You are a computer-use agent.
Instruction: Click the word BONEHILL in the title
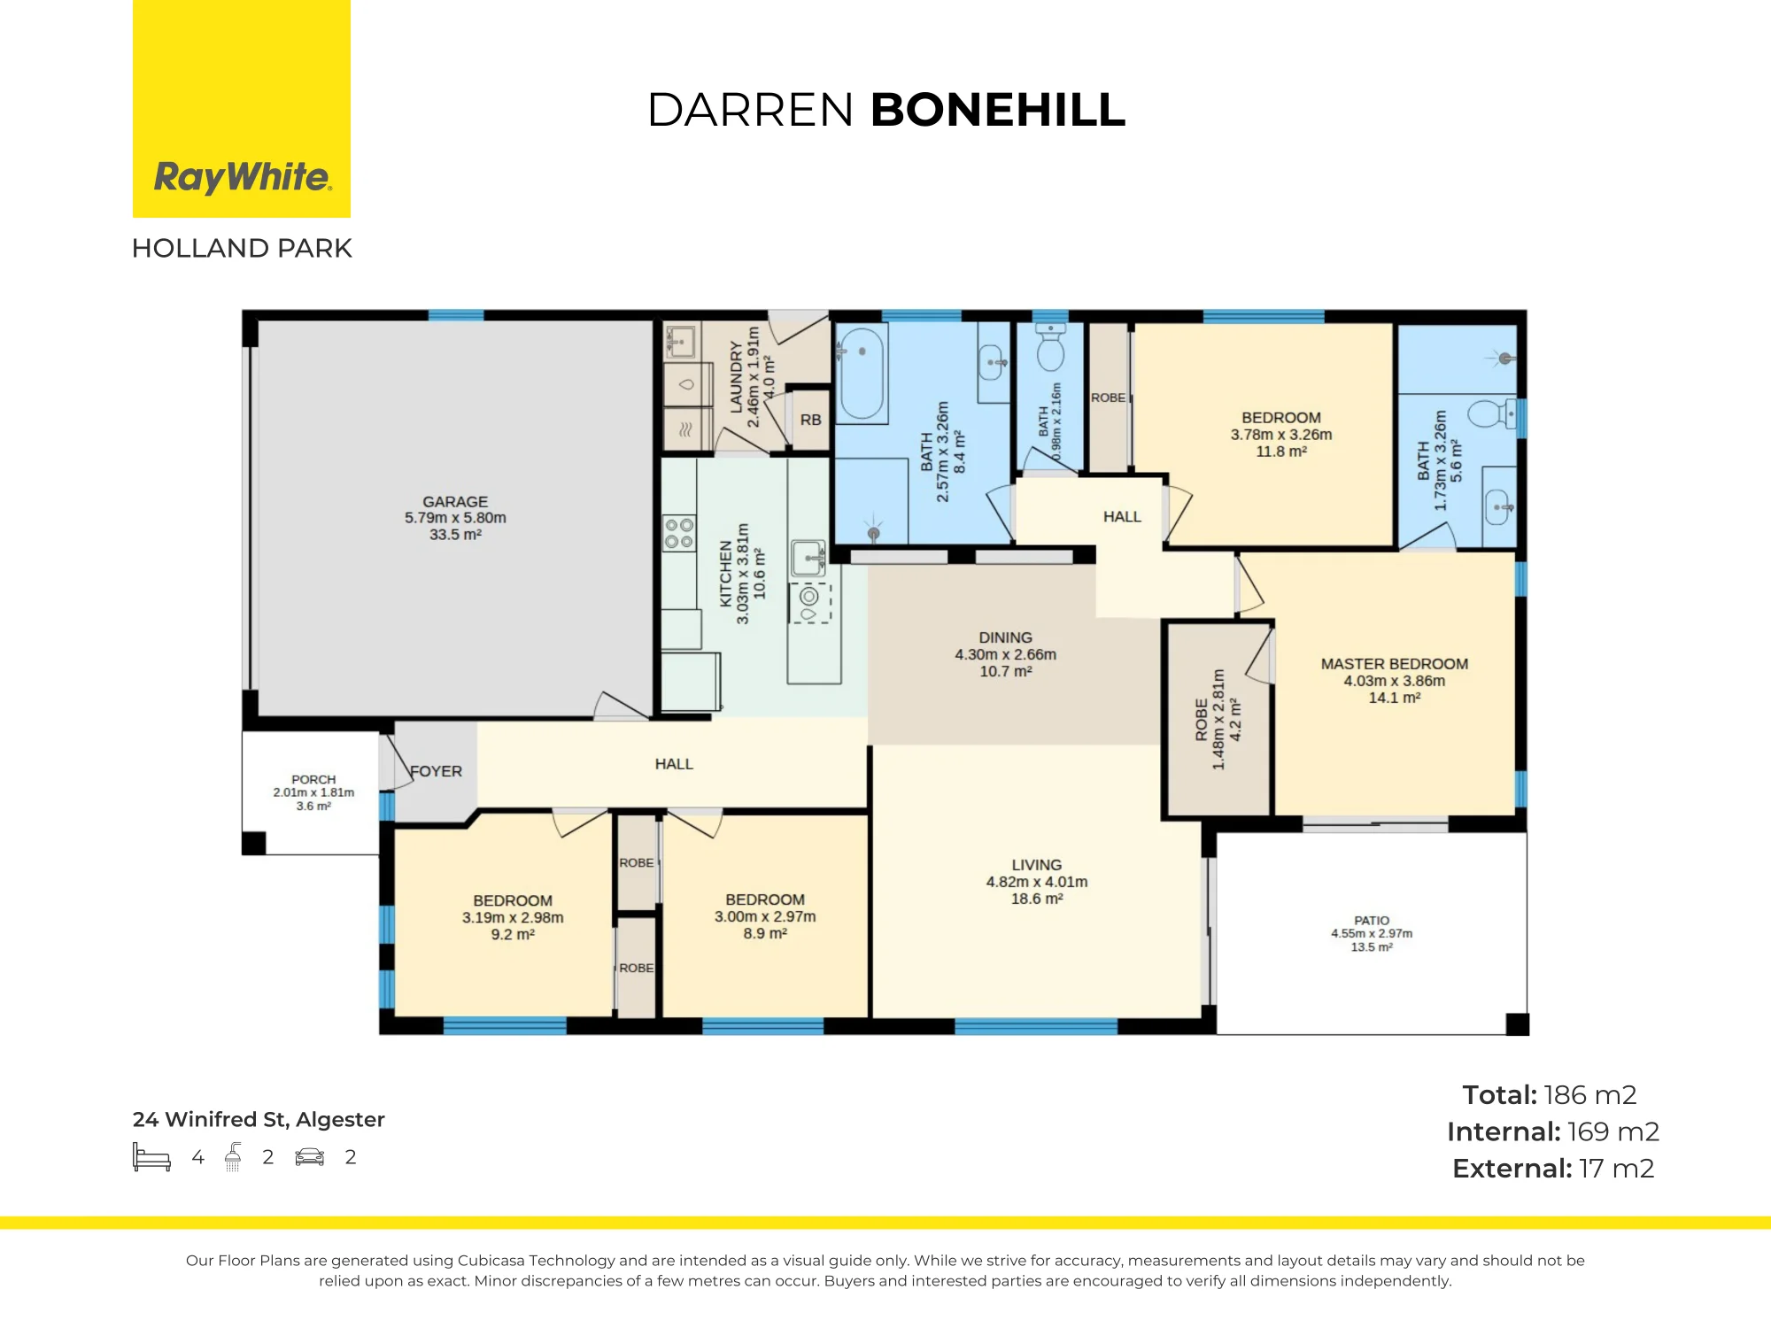[x=998, y=110]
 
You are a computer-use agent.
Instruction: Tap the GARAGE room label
[x=455, y=501]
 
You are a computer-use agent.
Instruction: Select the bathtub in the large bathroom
[x=862, y=374]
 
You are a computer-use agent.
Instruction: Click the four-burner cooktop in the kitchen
[x=679, y=533]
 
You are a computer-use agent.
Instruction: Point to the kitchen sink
[x=808, y=559]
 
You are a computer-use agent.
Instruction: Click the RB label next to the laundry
[x=810, y=420]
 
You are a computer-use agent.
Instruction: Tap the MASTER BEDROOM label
[x=1395, y=664]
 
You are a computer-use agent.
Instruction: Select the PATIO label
[x=1372, y=921]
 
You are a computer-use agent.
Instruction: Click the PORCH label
[x=313, y=780]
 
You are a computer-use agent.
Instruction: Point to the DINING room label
[x=1005, y=637]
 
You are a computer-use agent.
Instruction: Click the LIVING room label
[x=1037, y=865]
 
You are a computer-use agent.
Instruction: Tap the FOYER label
[x=436, y=771]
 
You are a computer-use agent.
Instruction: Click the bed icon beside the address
[x=151, y=1157]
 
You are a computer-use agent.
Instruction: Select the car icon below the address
[x=310, y=1157]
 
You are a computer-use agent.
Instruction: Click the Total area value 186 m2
[x=1590, y=1095]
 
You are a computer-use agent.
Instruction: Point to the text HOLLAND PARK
[x=242, y=248]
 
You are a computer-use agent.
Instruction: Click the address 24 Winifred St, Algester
[x=259, y=1120]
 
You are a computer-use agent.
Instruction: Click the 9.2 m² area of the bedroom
[x=513, y=935]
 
